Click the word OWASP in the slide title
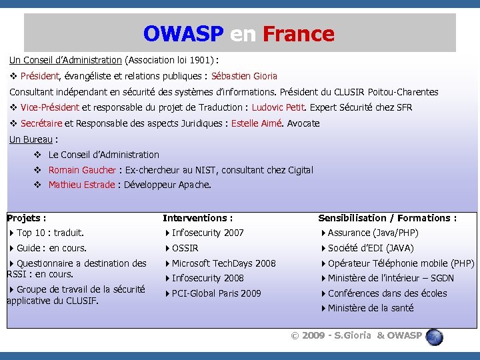[183, 33]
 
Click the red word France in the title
[299, 33]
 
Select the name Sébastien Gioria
[244, 76]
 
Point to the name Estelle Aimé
[256, 123]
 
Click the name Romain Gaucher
[82, 170]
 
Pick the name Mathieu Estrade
[81, 185]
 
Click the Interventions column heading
[198, 218]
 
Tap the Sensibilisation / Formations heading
[387, 218]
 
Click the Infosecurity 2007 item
[207, 233]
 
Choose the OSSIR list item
[185, 248]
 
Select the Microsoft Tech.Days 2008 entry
[223, 263]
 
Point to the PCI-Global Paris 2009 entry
[216, 293]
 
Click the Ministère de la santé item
[370, 308]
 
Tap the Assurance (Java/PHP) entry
[373, 233]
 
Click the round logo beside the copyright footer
[435, 336]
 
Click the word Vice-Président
[50, 107]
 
